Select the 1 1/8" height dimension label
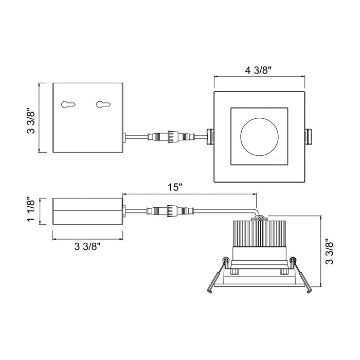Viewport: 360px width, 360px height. coord(31,209)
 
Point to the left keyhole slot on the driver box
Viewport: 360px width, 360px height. coord(68,104)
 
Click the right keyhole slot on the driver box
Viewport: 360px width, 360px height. coord(103,104)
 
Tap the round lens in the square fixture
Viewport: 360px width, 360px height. coord(259,137)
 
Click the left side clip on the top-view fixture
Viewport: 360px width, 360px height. coord(210,137)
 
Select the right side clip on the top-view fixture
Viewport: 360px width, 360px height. coord(309,137)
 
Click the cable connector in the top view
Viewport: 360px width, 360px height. coord(172,137)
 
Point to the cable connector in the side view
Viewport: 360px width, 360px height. coord(170,211)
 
